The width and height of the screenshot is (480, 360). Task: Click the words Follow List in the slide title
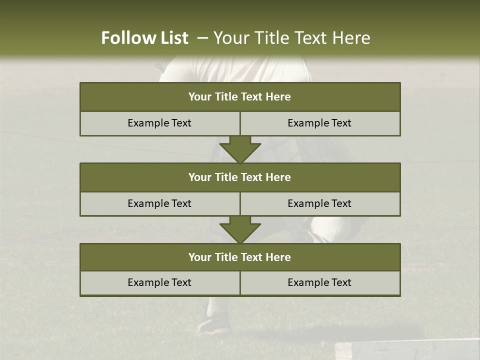click(144, 38)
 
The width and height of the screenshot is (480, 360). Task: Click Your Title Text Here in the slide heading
click(291, 38)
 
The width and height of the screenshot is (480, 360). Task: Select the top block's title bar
click(240, 97)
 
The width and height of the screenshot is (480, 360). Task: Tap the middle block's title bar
click(240, 177)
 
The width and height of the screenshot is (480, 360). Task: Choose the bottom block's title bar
click(240, 257)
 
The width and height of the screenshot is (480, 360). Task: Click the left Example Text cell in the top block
click(159, 123)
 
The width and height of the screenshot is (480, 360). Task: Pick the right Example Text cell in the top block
click(319, 123)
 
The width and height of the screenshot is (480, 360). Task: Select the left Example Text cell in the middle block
click(159, 203)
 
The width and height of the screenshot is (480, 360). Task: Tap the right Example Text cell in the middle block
click(319, 203)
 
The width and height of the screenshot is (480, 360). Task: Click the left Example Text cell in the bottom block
click(159, 282)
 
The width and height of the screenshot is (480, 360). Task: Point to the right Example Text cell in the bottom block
click(319, 282)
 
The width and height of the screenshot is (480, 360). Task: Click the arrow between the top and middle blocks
click(240, 149)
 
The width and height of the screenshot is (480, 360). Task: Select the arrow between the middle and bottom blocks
click(240, 229)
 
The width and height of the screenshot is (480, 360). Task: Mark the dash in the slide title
click(202, 38)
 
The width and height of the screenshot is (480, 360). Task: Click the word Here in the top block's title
click(278, 97)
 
